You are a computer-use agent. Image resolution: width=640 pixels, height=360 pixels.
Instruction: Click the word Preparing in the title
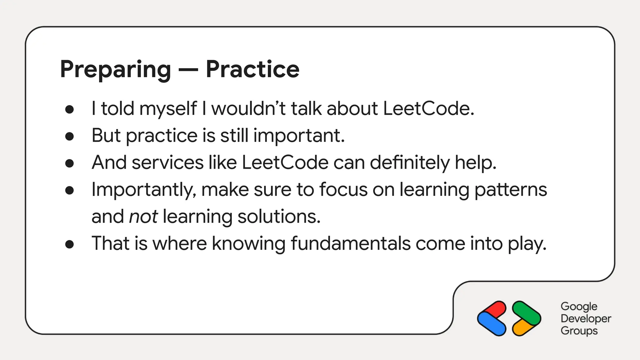pyautogui.click(x=115, y=69)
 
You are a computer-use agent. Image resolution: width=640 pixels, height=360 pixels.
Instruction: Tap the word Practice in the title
pyautogui.click(x=252, y=69)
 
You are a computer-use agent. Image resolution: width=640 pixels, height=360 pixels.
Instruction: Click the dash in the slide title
pyautogui.click(x=188, y=70)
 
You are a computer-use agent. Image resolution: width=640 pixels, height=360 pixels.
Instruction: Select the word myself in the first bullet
pyautogui.click(x=168, y=109)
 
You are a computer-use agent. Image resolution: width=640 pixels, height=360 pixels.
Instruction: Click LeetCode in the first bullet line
pyautogui.click(x=428, y=109)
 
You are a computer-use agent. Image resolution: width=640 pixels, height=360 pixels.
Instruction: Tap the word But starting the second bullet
pyautogui.click(x=106, y=136)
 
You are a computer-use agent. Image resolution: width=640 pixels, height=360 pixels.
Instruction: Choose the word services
pyautogui.click(x=167, y=163)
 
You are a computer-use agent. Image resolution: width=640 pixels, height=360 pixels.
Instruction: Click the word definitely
pyautogui.click(x=410, y=163)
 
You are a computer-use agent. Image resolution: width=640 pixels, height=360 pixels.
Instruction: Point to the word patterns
pyautogui.click(x=511, y=190)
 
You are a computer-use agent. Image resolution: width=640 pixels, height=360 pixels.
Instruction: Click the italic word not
pyautogui.click(x=143, y=217)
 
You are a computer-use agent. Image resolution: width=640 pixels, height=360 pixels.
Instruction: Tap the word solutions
pyautogui.click(x=279, y=217)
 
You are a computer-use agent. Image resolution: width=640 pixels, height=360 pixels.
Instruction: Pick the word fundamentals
pyautogui.click(x=350, y=243)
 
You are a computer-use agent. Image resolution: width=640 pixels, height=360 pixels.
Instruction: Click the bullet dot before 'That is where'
pyautogui.click(x=69, y=244)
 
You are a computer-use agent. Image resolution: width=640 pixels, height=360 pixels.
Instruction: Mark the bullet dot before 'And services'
pyautogui.click(x=69, y=163)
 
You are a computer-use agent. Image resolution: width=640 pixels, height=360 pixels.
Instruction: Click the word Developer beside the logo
pyautogui.click(x=586, y=318)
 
